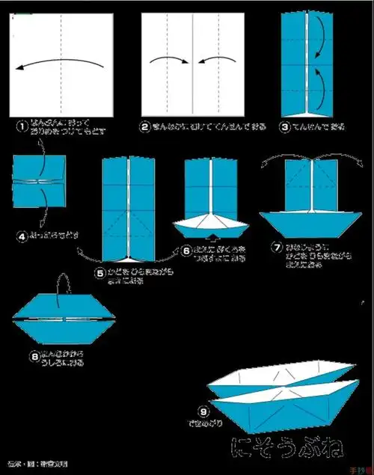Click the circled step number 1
point(22,126)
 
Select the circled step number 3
point(285,126)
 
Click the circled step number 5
point(99,275)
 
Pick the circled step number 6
point(186,251)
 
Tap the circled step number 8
point(34,357)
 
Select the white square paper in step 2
point(193,61)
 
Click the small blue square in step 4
point(39,180)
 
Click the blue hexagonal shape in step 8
point(63,318)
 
